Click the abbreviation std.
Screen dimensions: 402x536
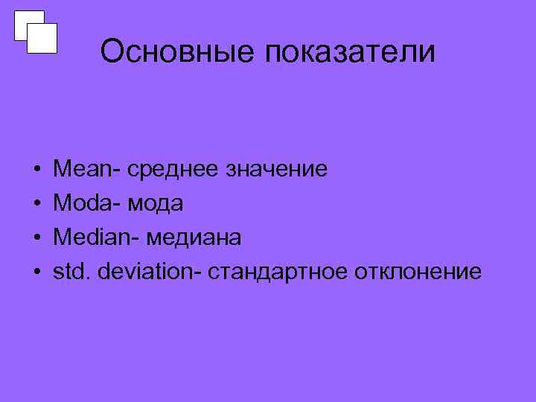(68, 272)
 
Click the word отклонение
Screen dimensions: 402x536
(418, 272)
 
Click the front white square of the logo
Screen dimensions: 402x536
(42, 38)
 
